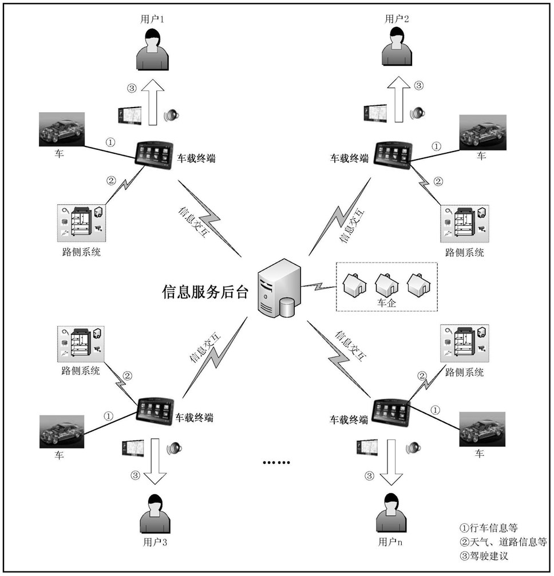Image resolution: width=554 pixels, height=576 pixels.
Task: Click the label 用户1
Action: coord(152,19)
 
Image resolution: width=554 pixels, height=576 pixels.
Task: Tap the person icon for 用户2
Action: coord(397,47)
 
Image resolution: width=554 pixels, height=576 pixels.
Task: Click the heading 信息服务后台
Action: coord(205,292)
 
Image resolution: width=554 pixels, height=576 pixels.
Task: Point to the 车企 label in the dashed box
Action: coord(386,303)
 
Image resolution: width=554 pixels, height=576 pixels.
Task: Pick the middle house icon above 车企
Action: coord(387,284)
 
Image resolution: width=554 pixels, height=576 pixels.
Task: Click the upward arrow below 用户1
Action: coord(153,102)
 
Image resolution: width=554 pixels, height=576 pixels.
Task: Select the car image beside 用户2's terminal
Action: coord(483,132)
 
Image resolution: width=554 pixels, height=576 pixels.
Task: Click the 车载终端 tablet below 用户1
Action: coord(154,155)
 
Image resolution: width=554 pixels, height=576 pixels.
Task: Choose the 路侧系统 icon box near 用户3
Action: coord(81,344)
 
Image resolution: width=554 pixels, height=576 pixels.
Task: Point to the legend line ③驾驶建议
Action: coord(484,556)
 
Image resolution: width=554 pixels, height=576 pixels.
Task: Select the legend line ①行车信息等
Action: coord(489,528)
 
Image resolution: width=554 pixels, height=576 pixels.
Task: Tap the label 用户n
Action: coord(390,542)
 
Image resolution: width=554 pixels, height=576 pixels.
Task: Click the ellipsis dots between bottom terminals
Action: coord(276,463)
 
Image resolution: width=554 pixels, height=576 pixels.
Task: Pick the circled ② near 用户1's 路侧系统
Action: coord(111,181)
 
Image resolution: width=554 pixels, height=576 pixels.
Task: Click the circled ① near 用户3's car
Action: coord(108,416)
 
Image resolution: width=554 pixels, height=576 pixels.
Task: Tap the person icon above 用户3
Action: coord(155,514)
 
